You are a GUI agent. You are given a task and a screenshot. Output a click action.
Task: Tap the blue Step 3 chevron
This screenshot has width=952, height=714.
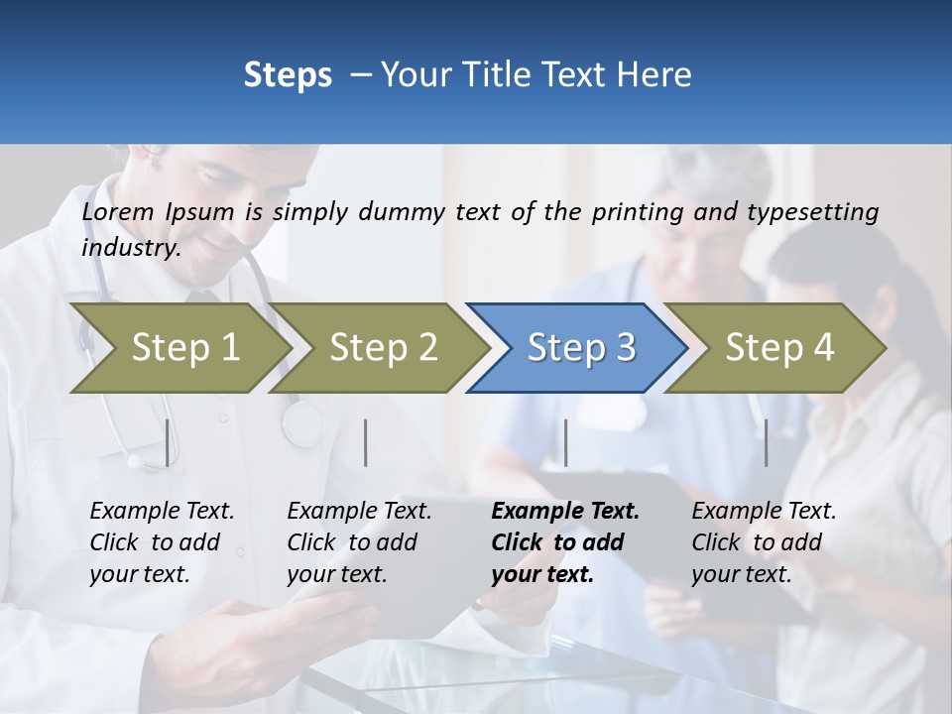[581, 347]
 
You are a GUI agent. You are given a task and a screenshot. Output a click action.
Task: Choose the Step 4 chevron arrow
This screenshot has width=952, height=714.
[779, 347]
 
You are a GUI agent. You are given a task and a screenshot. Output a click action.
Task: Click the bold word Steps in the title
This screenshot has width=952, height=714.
[288, 75]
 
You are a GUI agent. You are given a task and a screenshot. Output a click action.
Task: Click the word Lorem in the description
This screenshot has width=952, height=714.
[118, 211]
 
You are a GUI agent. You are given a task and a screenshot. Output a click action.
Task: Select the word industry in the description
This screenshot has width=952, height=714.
[131, 248]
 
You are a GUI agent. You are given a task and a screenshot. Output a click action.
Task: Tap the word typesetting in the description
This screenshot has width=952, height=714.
[812, 211]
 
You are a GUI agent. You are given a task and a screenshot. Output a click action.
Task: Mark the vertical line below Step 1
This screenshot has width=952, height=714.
[167, 442]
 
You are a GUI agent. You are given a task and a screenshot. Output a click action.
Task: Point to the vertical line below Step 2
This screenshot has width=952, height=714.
[366, 442]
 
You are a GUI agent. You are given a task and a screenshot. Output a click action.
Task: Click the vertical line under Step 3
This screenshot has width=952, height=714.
[565, 442]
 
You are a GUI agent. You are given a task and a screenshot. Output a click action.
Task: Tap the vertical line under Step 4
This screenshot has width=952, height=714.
[766, 442]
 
